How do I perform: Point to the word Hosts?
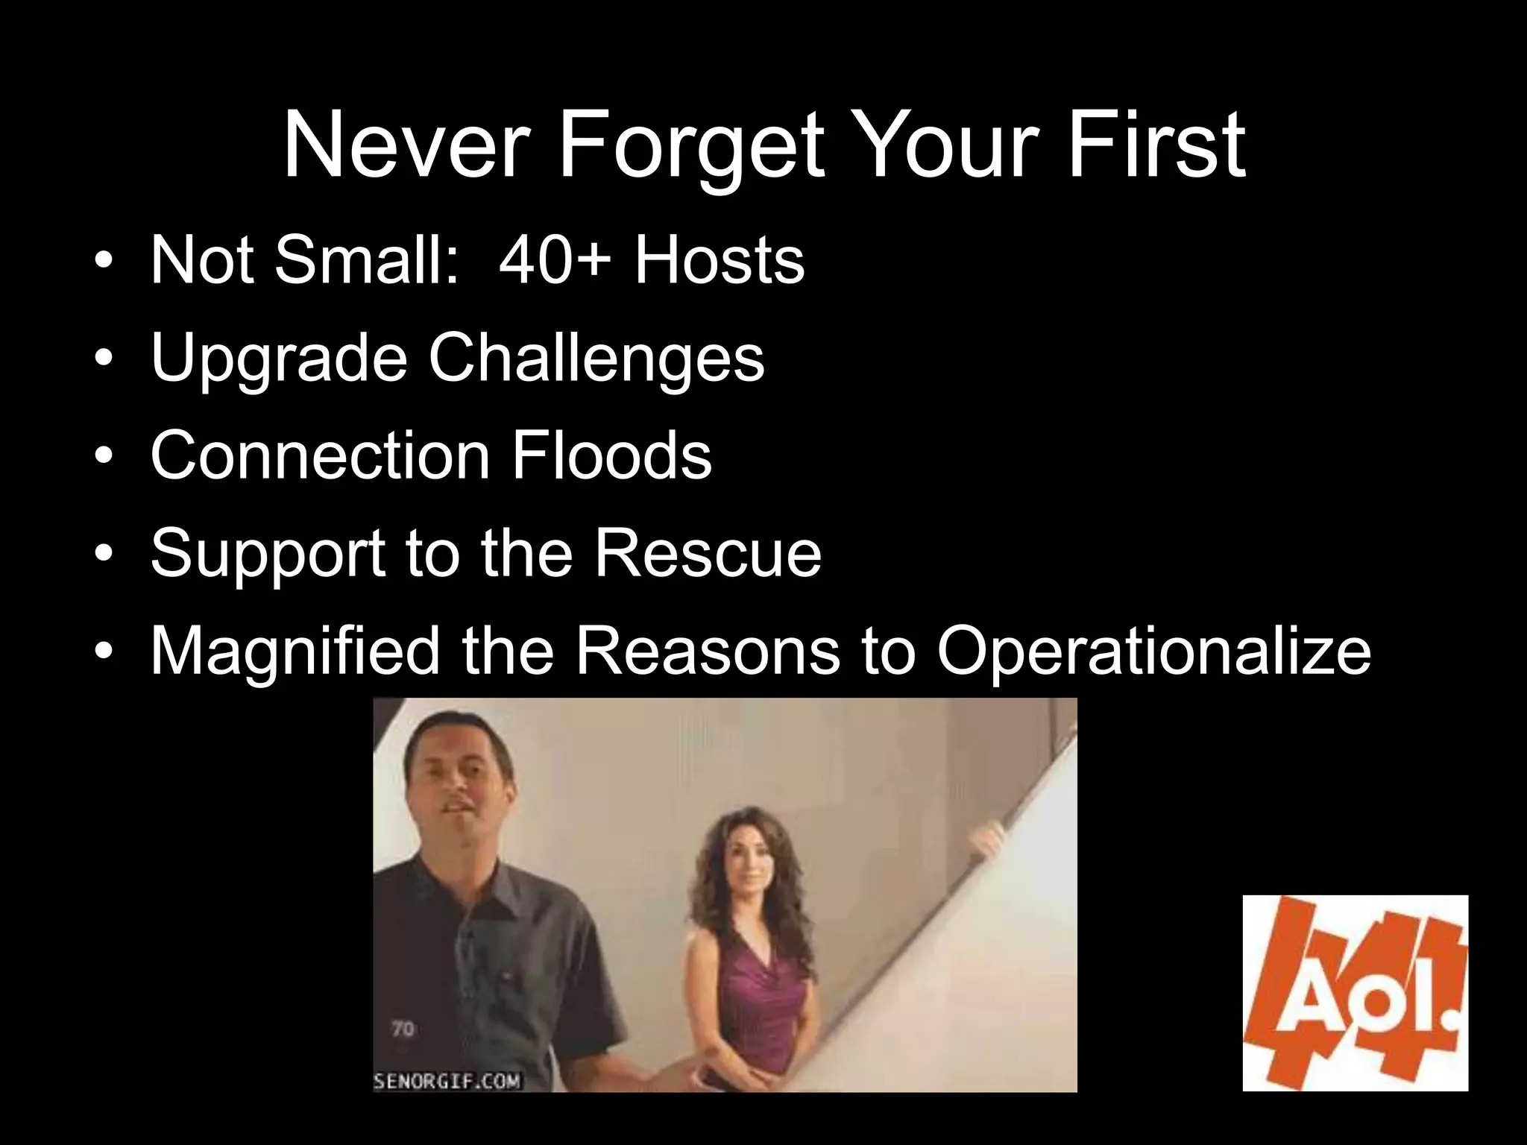(720, 260)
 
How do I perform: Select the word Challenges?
(596, 358)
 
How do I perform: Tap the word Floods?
(611, 455)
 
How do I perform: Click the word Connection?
(320, 455)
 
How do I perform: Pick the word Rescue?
(708, 552)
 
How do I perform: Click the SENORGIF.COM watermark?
(447, 1081)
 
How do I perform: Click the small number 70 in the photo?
(403, 1029)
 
